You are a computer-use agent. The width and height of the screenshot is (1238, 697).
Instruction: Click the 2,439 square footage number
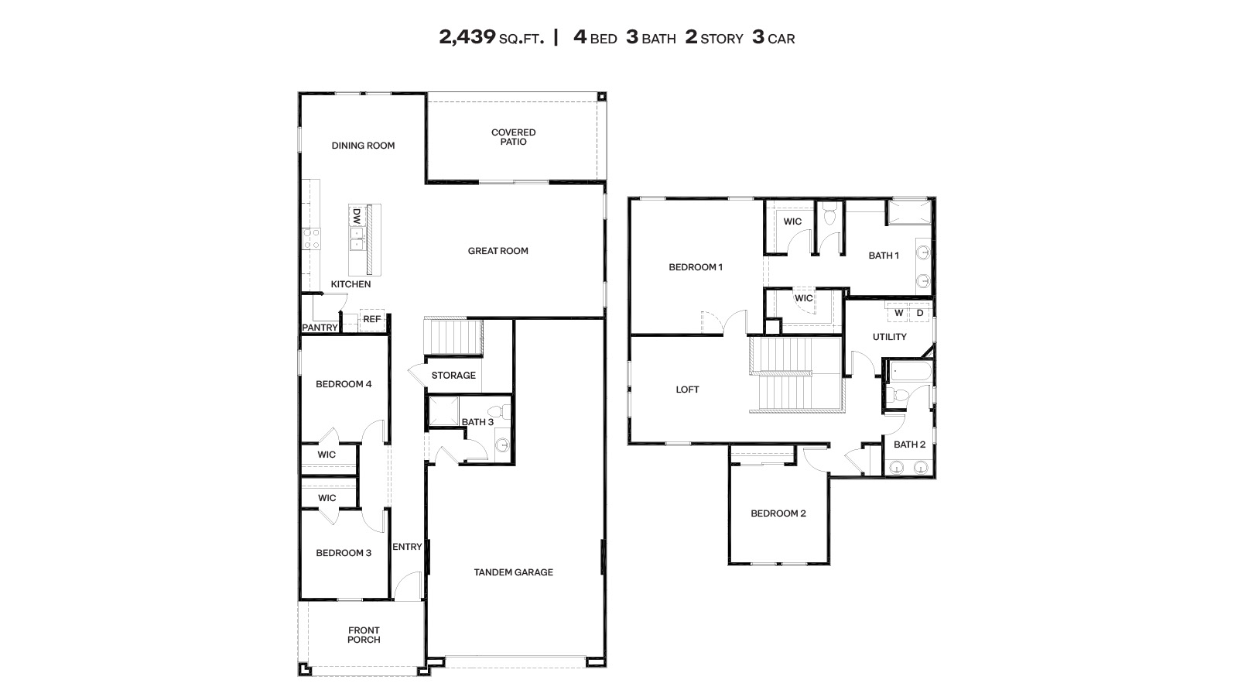[x=467, y=37]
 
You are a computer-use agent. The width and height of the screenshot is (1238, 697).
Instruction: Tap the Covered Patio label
[x=513, y=137]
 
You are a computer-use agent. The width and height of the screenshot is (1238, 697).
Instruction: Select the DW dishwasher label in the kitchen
[x=357, y=215]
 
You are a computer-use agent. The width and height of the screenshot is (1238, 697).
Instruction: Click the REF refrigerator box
[x=372, y=319]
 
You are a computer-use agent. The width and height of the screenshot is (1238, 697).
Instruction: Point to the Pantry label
[x=320, y=328]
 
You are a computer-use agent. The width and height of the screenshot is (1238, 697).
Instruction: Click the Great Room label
[x=498, y=251]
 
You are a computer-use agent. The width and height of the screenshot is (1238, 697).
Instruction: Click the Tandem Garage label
[x=513, y=572]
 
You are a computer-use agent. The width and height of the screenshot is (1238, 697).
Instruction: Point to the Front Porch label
[x=364, y=635]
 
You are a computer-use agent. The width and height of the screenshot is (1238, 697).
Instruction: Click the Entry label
[x=407, y=547]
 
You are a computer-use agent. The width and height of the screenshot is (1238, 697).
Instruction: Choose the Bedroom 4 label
[x=344, y=384]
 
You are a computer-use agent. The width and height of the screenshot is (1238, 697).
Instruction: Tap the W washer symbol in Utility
[x=898, y=313]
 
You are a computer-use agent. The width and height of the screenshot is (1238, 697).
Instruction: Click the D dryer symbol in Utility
[x=920, y=313]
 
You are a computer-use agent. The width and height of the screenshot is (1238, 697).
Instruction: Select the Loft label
[x=687, y=390]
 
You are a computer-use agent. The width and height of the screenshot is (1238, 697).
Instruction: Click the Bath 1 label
[x=884, y=256]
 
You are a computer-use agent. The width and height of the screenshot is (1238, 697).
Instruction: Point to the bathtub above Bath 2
[x=908, y=373]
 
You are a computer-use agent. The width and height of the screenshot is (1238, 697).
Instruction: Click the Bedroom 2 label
[x=778, y=513]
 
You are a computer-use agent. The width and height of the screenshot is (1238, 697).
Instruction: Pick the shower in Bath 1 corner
[x=909, y=212]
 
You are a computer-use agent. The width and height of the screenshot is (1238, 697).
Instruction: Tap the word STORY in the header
[x=721, y=39]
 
